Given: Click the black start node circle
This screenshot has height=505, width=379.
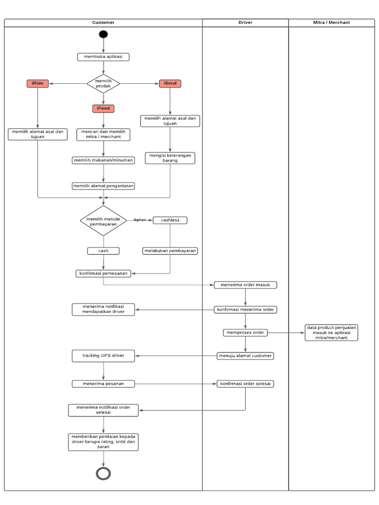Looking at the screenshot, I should pos(103,34).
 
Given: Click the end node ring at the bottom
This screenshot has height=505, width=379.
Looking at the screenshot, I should pos(103,473).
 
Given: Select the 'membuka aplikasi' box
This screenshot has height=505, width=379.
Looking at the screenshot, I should pos(103,57).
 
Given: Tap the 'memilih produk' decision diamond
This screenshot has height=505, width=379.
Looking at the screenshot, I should pos(103,83).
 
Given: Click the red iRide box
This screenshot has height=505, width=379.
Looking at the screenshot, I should pos(38,84).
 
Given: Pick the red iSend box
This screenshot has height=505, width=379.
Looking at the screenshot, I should pos(170,84).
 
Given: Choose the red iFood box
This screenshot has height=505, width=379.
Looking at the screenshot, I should pos(103,108).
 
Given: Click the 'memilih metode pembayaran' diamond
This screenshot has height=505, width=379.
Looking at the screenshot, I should pos(103,220).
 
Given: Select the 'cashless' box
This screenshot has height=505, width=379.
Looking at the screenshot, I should pos(170,220).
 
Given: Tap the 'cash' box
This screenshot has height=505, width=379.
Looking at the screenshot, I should pos(103,251).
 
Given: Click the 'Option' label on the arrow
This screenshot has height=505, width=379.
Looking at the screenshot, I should pos(140,220).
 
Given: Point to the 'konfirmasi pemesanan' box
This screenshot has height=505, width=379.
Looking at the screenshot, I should pos(103,273).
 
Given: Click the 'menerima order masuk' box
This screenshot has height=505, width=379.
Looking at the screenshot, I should pos(245,285).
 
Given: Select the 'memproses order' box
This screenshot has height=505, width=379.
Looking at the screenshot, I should pos(245,332).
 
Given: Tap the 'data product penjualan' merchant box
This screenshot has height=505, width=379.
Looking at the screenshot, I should pos(332,332).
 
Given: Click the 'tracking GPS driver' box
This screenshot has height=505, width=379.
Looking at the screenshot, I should pos(103,356).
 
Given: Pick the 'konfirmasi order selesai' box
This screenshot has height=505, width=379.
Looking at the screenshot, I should pos(245,384).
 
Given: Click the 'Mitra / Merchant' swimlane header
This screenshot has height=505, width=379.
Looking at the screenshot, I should pos(332,23).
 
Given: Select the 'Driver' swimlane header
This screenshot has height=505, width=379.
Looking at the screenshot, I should pos(245,23).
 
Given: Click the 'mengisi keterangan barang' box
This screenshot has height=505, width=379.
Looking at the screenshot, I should pos(170,158).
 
